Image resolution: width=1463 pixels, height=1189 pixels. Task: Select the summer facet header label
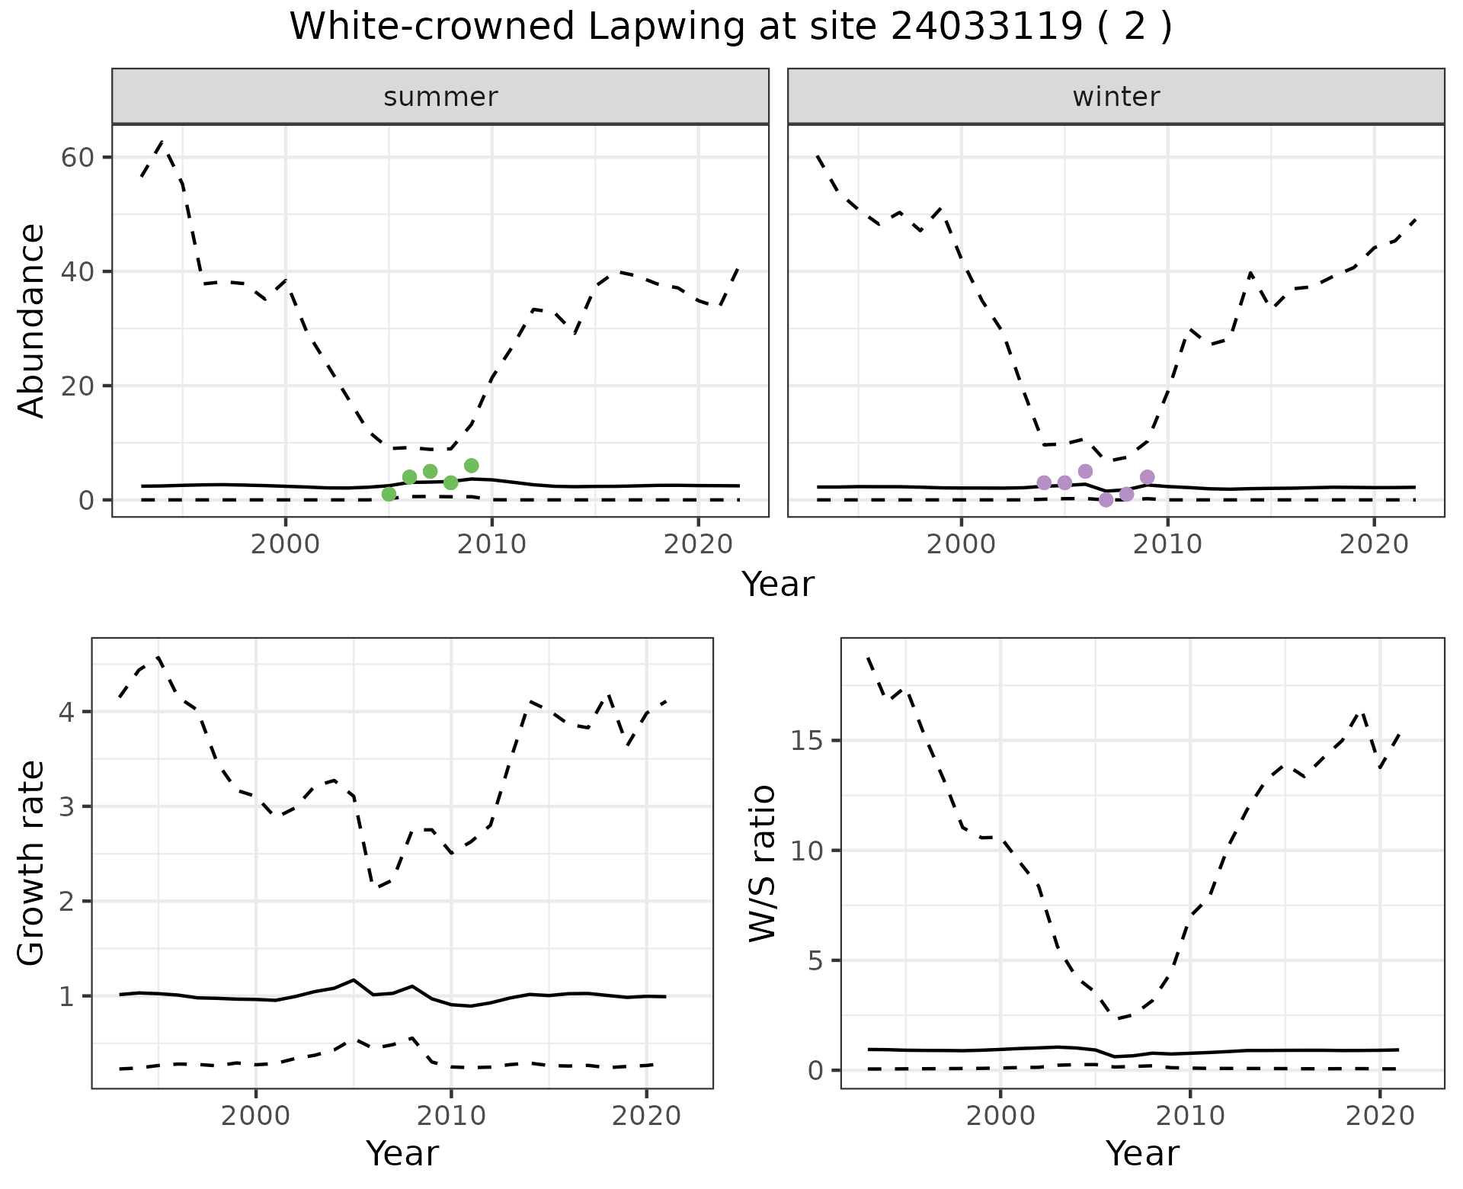(x=440, y=97)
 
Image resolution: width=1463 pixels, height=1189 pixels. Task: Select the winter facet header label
(x=1116, y=97)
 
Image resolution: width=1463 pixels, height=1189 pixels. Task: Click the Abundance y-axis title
(x=32, y=321)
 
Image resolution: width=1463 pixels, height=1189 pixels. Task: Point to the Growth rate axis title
(x=32, y=864)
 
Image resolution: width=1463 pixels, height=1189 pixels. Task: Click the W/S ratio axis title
(x=762, y=864)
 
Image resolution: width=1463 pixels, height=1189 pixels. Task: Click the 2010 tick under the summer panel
(x=491, y=544)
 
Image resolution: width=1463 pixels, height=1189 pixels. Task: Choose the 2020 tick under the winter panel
(x=1374, y=544)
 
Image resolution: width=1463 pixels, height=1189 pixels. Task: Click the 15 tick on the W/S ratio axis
(x=808, y=741)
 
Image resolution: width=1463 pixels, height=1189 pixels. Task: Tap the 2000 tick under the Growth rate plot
(x=256, y=1117)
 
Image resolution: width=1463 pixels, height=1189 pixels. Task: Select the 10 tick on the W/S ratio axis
(x=808, y=851)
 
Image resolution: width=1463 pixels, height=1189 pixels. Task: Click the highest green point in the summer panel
(x=471, y=466)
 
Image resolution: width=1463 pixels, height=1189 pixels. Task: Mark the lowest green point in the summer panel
(x=389, y=494)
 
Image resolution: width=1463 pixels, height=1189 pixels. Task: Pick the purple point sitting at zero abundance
(x=1106, y=500)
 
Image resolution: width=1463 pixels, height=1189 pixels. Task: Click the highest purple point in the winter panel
(x=1085, y=471)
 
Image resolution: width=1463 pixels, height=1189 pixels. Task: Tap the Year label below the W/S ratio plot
(x=1142, y=1153)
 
